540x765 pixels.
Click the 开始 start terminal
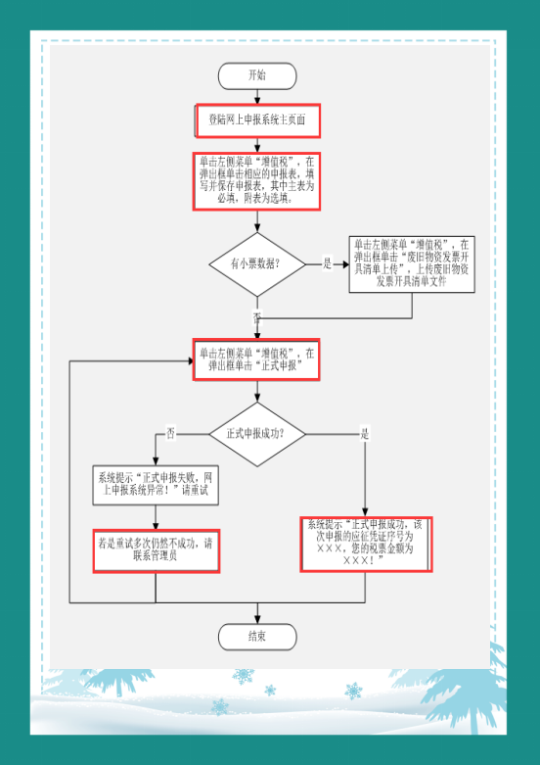[x=257, y=75]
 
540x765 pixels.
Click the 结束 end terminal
[x=257, y=637]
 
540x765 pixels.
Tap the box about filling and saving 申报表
[x=257, y=180]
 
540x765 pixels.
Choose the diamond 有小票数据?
[x=257, y=263]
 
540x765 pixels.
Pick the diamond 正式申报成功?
[x=257, y=433]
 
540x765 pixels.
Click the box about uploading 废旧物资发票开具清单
[x=412, y=263]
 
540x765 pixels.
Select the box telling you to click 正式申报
[x=257, y=359]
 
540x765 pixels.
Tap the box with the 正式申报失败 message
[x=156, y=484]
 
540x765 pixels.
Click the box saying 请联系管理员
[x=156, y=550]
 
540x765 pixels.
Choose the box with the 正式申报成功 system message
[x=366, y=544]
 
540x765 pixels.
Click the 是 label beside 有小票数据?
[x=327, y=263]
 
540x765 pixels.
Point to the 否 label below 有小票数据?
[x=257, y=317]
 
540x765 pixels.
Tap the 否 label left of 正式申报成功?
[x=171, y=433]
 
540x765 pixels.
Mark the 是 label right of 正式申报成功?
[x=365, y=433]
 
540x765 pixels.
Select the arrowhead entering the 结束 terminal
[x=257, y=620]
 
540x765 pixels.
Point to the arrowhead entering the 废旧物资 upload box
[x=344, y=263]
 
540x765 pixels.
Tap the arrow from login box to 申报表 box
[x=257, y=145]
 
